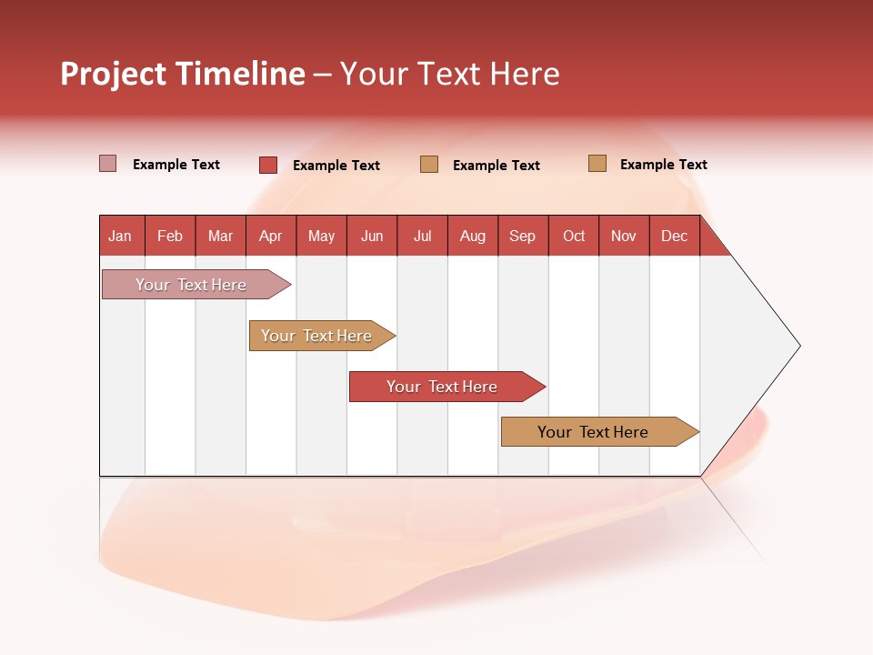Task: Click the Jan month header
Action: (121, 236)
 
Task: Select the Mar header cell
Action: (220, 236)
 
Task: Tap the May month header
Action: (321, 236)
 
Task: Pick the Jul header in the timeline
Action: (422, 236)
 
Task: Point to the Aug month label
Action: (473, 236)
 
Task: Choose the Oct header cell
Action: (574, 236)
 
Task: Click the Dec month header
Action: (674, 236)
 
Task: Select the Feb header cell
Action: (170, 236)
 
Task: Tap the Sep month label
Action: (523, 236)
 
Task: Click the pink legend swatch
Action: (107, 164)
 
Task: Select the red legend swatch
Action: (268, 165)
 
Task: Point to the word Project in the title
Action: (113, 74)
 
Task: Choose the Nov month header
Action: (624, 236)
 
